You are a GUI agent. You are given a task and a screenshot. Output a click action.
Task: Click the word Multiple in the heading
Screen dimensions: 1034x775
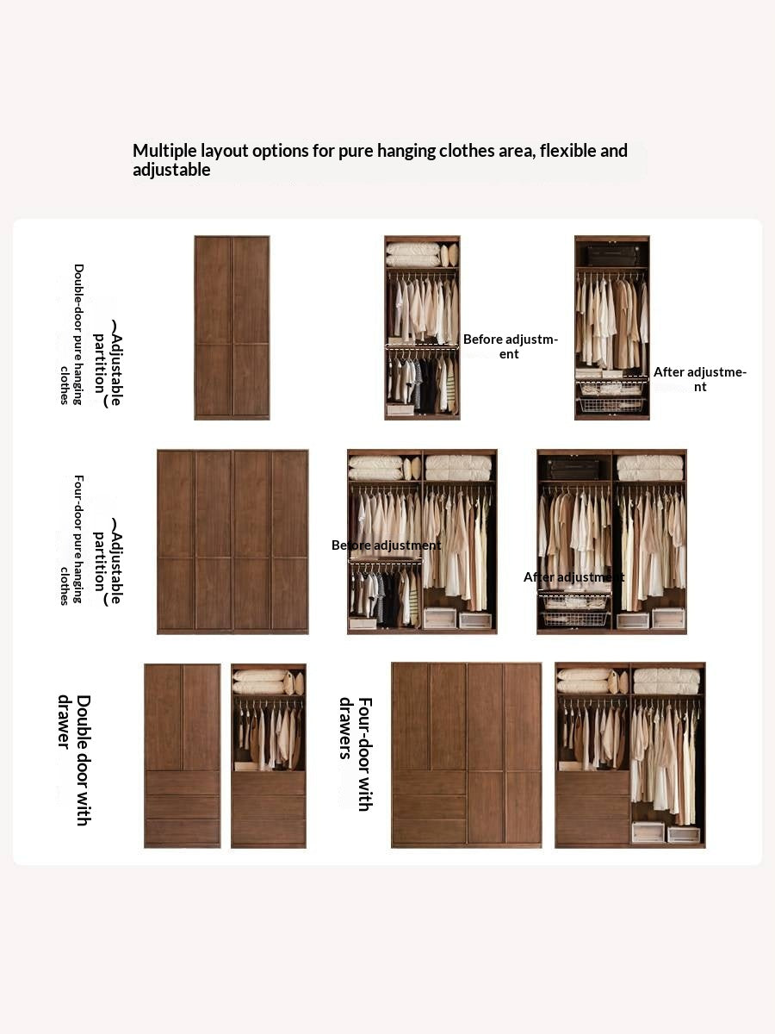click(165, 151)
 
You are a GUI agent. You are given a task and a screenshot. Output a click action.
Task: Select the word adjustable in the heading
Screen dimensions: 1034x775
click(171, 170)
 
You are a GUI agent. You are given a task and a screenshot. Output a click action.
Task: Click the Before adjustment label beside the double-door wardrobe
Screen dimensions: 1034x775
click(510, 346)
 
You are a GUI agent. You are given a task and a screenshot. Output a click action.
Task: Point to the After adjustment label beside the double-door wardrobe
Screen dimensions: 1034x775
click(699, 379)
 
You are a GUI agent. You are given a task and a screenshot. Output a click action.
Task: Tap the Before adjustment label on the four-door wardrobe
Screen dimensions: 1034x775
click(386, 545)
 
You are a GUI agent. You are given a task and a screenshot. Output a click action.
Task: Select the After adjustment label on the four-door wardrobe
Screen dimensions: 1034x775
click(573, 576)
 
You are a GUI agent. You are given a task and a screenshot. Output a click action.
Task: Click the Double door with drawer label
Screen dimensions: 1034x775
click(74, 759)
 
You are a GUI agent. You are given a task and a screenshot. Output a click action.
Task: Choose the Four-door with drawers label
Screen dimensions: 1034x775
click(355, 753)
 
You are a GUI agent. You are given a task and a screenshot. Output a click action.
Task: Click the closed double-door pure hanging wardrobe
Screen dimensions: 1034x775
click(232, 327)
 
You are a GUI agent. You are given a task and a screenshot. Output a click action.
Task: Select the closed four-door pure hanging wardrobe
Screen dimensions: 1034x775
click(232, 541)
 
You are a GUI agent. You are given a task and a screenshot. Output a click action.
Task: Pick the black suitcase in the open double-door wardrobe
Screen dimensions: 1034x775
click(612, 255)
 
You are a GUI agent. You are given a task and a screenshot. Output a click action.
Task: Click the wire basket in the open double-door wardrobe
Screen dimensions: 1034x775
click(611, 404)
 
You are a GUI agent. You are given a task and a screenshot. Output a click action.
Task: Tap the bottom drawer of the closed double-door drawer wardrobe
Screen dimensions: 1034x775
click(182, 832)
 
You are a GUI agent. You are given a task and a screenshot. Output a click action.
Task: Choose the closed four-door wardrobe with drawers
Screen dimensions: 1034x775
click(466, 755)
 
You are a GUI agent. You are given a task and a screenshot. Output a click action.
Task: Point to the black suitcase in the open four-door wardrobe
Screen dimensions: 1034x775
click(574, 468)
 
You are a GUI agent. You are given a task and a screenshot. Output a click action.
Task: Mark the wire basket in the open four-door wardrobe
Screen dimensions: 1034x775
click(574, 618)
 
